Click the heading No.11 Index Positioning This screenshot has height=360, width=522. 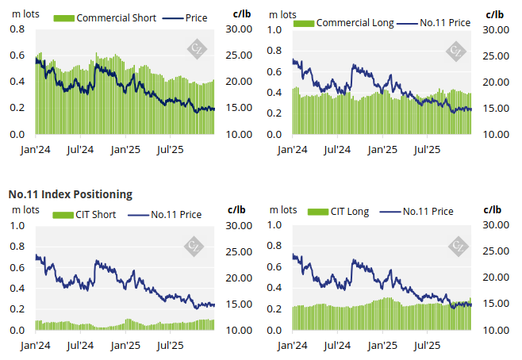pos(70,193)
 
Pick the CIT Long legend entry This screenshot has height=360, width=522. pos(348,211)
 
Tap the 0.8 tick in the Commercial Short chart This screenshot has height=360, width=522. pos(16,29)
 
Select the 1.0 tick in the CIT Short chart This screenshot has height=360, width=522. pos(16,225)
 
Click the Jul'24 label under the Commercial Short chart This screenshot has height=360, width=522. pos(80,148)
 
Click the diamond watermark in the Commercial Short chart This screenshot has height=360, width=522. pos(195,50)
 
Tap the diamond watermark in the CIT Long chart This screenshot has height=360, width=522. pos(456,246)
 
